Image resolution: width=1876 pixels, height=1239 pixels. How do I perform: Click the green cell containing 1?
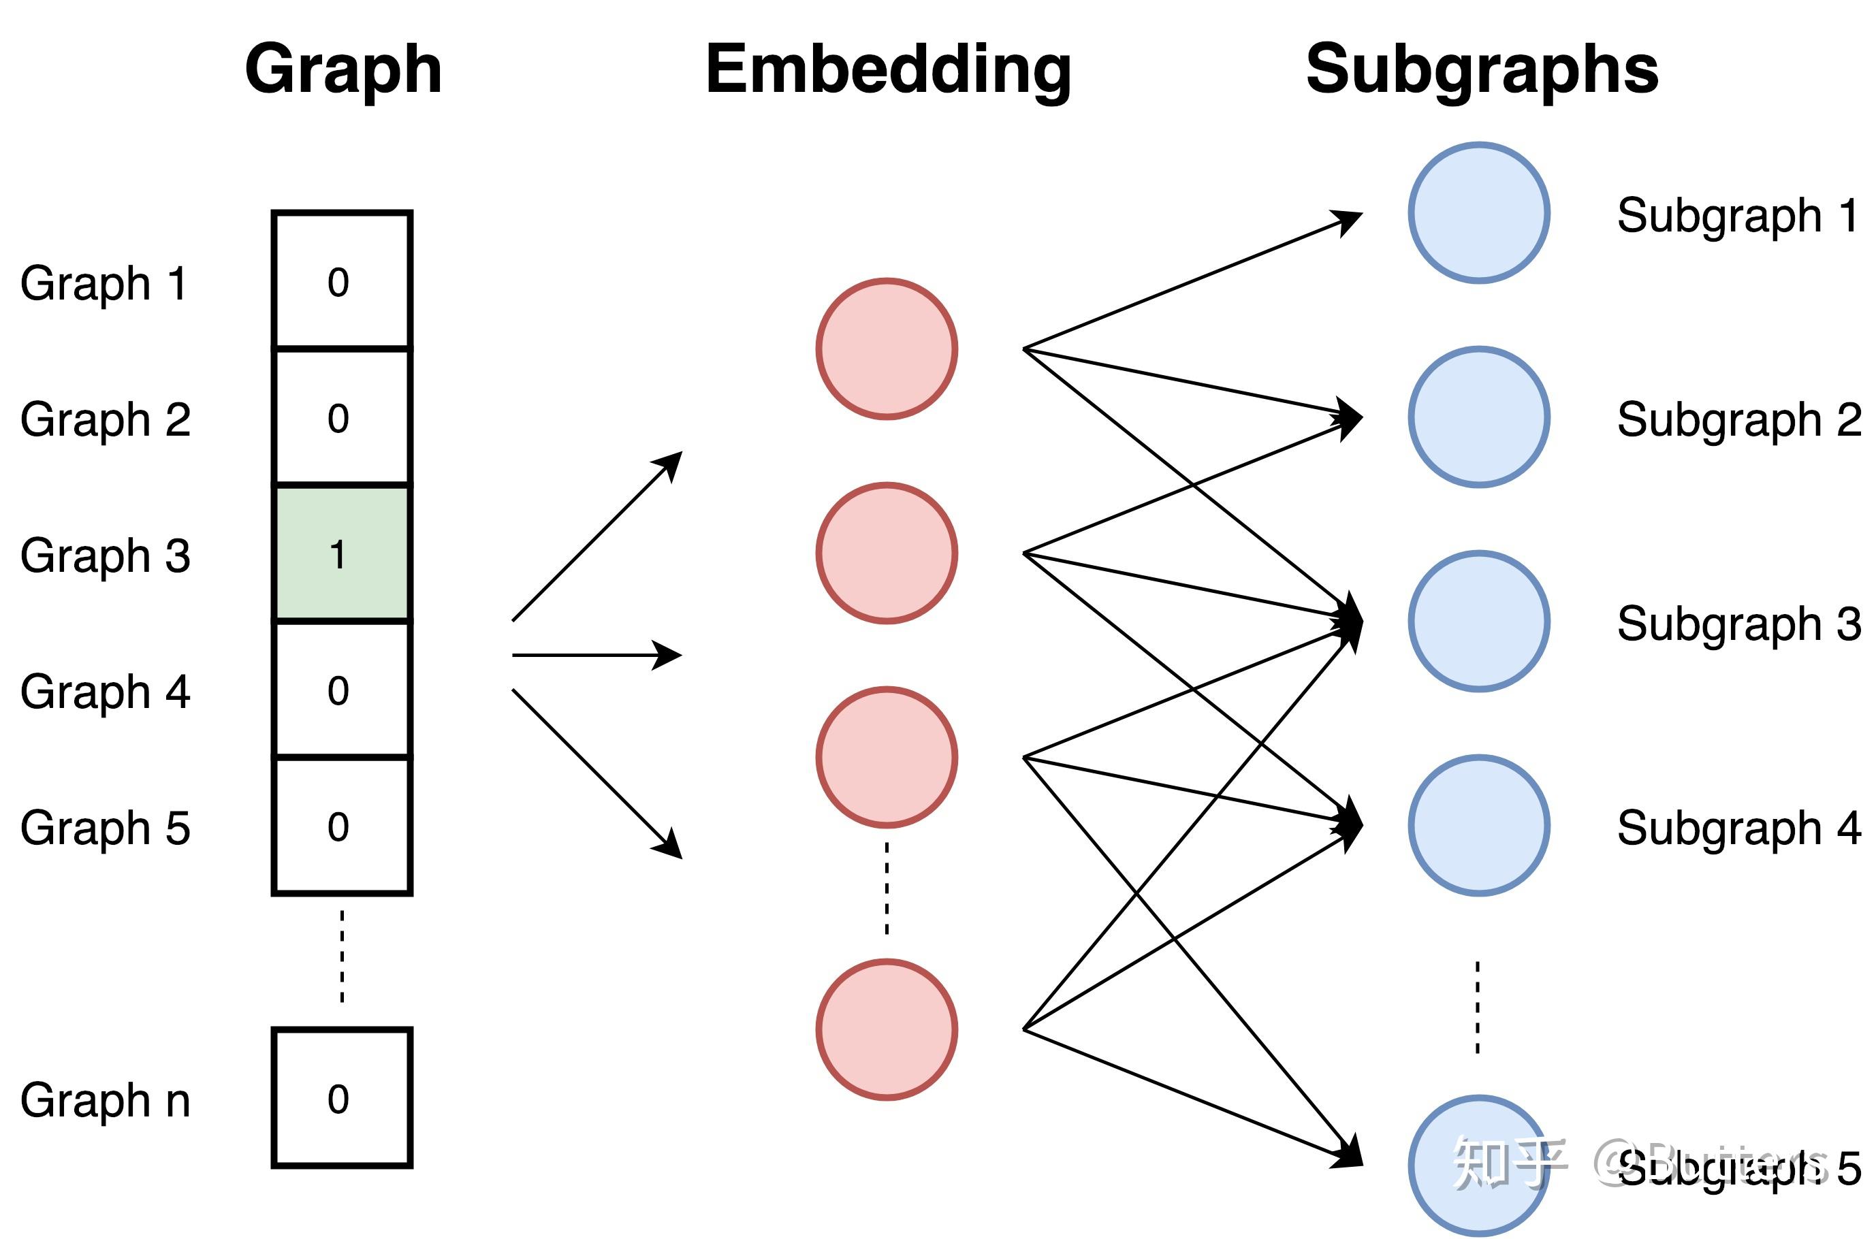[x=341, y=553]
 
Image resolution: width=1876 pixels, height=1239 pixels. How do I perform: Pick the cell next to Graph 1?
[x=341, y=280]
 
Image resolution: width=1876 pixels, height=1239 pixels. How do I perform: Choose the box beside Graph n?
[x=341, y=1098]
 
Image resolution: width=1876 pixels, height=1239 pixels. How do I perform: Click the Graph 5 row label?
[x=105, y=828]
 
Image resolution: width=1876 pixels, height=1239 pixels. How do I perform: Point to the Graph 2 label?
[x=105, y=419]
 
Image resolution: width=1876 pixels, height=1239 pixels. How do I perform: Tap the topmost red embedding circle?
[x=887, y=349]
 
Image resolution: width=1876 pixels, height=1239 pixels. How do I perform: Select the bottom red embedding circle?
[x=887, y=1029]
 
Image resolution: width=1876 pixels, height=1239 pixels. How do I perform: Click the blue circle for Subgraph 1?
[x=1478, y=212]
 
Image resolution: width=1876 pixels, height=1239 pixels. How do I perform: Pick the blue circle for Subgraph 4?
[x=1478, y=826]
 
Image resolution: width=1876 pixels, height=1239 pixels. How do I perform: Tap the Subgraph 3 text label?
[x=1738, y=624]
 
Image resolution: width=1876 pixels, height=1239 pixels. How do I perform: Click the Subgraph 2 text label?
[x=1738, y=419]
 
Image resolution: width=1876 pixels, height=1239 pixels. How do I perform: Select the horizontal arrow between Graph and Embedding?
[x=596, y=655]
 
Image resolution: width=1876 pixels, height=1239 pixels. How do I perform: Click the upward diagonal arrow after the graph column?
[x=596, y=537]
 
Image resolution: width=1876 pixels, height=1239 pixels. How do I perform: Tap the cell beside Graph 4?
[x=341, y=690]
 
